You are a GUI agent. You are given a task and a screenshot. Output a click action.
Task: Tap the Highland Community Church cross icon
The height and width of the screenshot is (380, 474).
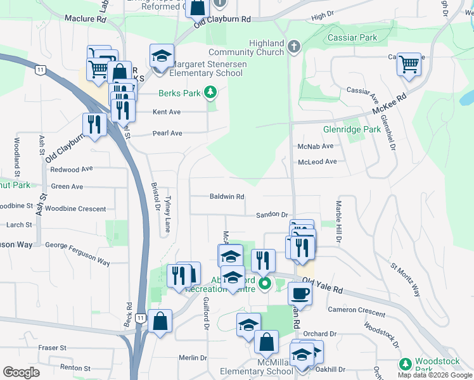293,46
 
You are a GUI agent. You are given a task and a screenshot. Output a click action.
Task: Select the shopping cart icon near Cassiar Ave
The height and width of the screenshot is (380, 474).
409,64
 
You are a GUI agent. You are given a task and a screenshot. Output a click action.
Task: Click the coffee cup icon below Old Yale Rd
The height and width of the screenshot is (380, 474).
300,293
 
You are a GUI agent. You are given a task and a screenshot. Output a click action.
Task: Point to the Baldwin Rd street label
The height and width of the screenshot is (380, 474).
227,196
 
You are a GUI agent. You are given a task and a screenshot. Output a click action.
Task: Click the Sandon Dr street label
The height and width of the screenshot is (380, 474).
272,215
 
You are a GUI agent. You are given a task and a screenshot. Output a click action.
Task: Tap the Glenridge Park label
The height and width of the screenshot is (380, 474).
352,129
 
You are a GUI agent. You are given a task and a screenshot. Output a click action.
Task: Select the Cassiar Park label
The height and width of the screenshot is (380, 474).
352,37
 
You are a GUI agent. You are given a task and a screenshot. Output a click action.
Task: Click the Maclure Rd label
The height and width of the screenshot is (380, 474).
86,19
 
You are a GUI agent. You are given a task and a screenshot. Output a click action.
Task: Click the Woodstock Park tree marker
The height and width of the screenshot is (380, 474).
406,364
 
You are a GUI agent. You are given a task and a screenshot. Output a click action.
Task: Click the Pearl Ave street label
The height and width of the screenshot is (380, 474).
167,134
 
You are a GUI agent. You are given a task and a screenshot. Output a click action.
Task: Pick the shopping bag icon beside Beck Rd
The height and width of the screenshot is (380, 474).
161,320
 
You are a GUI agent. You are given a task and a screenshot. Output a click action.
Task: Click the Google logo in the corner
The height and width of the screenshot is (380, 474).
21,372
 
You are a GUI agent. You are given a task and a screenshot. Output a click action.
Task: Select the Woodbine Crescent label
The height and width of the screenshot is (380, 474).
75,208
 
